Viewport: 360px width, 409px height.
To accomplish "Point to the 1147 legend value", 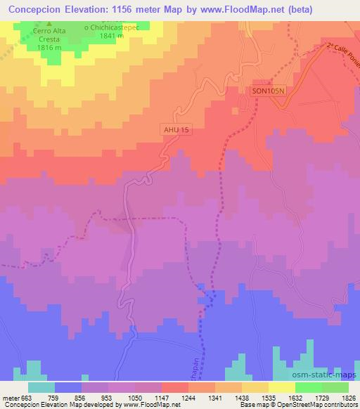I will pyautogui.click(x=160, y=397).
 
